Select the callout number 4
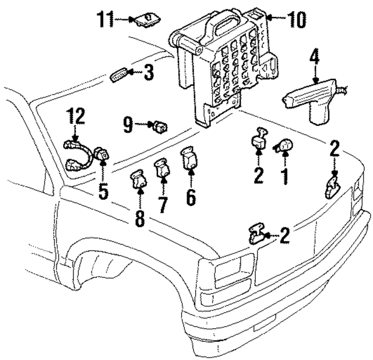315,57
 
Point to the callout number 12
75,116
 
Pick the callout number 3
149,73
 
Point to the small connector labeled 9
159,124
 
